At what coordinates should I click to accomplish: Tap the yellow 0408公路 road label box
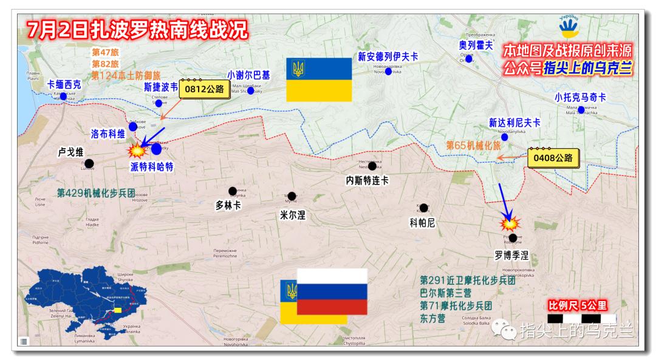(553, 158)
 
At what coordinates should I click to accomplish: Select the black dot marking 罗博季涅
(513, 238)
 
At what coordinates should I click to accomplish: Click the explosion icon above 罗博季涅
(505, 223)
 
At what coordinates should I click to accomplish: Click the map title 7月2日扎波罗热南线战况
(128, 29)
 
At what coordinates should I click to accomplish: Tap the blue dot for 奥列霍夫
(468, 59)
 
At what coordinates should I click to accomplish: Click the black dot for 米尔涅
(292, 196)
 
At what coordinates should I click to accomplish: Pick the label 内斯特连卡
(367, 180)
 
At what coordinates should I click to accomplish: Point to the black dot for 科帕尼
(423, 208)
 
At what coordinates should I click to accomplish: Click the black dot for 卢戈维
(89, 163)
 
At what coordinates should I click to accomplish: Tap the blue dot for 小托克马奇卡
(581, 110)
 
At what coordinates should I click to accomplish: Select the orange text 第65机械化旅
(473, 146)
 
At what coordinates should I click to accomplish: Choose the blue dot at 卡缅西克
(63, 96)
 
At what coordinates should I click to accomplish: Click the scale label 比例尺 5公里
(577, 305)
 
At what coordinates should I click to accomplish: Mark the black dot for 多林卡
(233, 191)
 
